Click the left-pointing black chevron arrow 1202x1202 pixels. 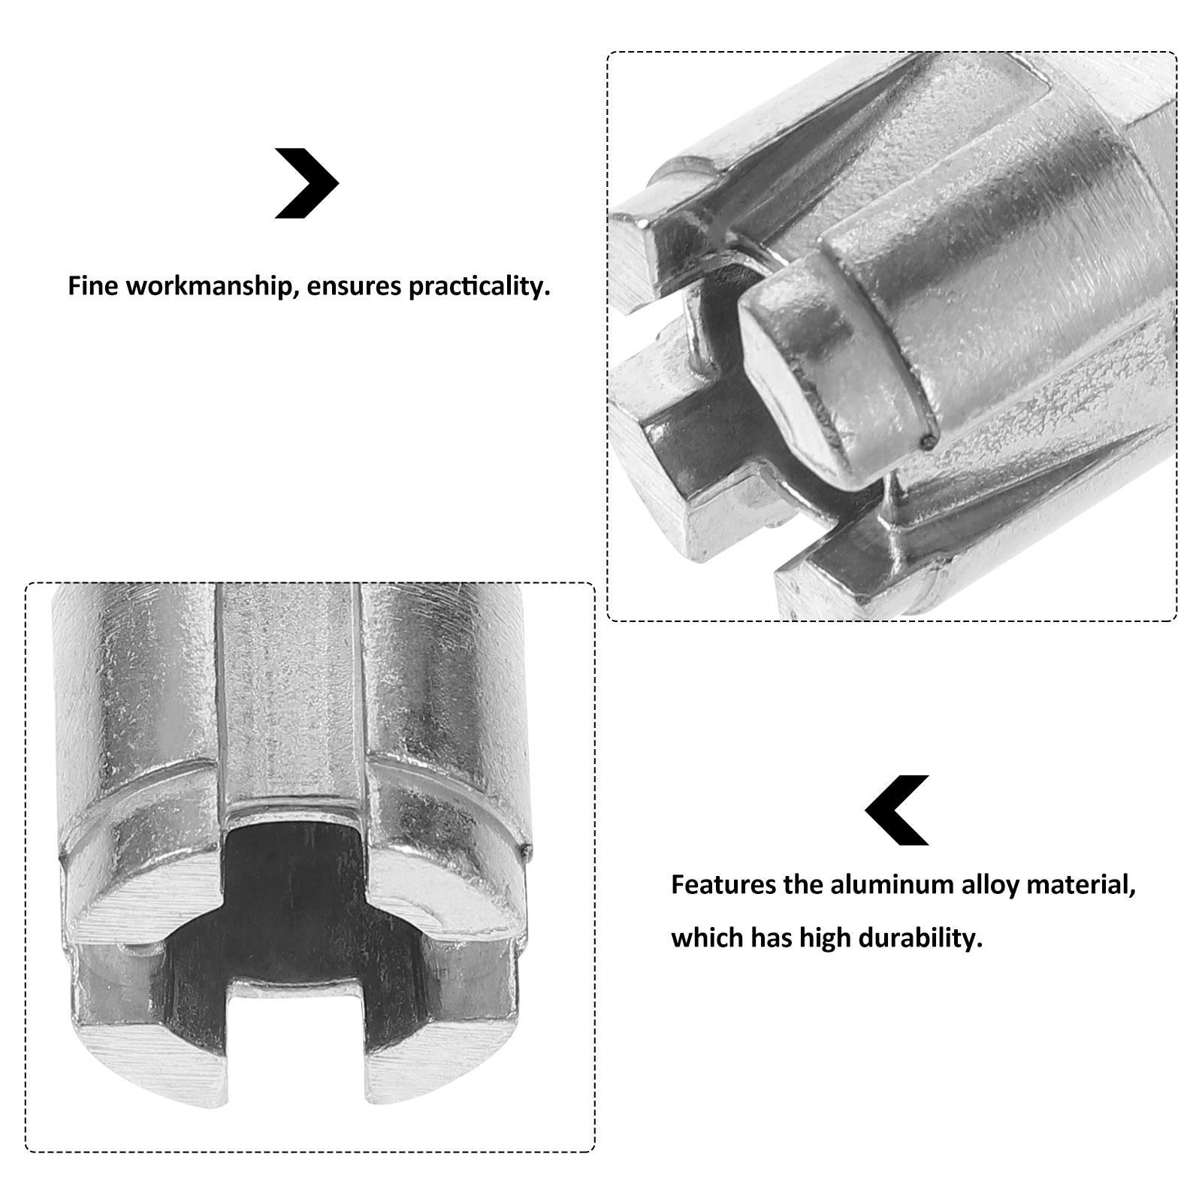(x=896, y=810)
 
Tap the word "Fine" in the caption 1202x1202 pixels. (x=93, y=286)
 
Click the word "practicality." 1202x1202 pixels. (x=479, y=287)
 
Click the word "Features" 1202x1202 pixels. (x=723, y=884)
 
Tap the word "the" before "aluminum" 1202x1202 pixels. (x=803, y=884)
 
